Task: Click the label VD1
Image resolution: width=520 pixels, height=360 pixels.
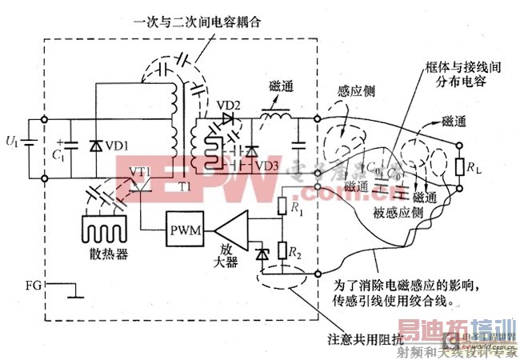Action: [117, 146]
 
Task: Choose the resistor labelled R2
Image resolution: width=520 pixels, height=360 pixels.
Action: [282, 250]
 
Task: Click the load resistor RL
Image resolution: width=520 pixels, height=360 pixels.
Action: [461, 168]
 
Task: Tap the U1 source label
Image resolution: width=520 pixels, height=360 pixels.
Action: [10, 142]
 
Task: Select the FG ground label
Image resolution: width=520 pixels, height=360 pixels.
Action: [34, 283]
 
